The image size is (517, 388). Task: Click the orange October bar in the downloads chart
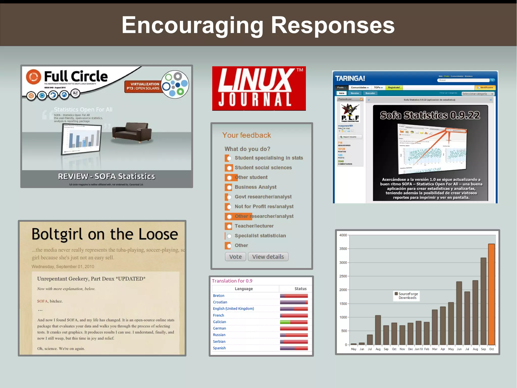(491, 294)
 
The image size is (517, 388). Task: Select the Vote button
(235, 257)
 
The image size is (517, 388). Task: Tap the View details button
(268, 257)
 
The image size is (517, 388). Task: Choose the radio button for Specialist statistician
(229, 236)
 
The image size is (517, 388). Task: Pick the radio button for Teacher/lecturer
(229, 226)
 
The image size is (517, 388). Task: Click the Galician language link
(219, 322)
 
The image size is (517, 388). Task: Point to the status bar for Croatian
(294, 302)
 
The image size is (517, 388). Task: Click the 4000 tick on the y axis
(343, 235)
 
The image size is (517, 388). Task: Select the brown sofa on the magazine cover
(132, 132)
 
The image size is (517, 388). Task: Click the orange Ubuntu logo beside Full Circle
(33, 77)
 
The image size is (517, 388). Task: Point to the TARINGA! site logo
(350, 79)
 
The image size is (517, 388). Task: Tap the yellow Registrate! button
(394, 87)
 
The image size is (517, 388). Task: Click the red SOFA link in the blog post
(42, 301)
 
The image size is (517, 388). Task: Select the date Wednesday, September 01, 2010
(63, 266)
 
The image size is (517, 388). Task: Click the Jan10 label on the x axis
(418, 349)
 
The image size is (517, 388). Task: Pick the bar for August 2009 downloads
(378, 330)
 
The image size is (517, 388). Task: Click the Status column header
(300, 289)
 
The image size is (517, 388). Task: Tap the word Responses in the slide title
(332, 25)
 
